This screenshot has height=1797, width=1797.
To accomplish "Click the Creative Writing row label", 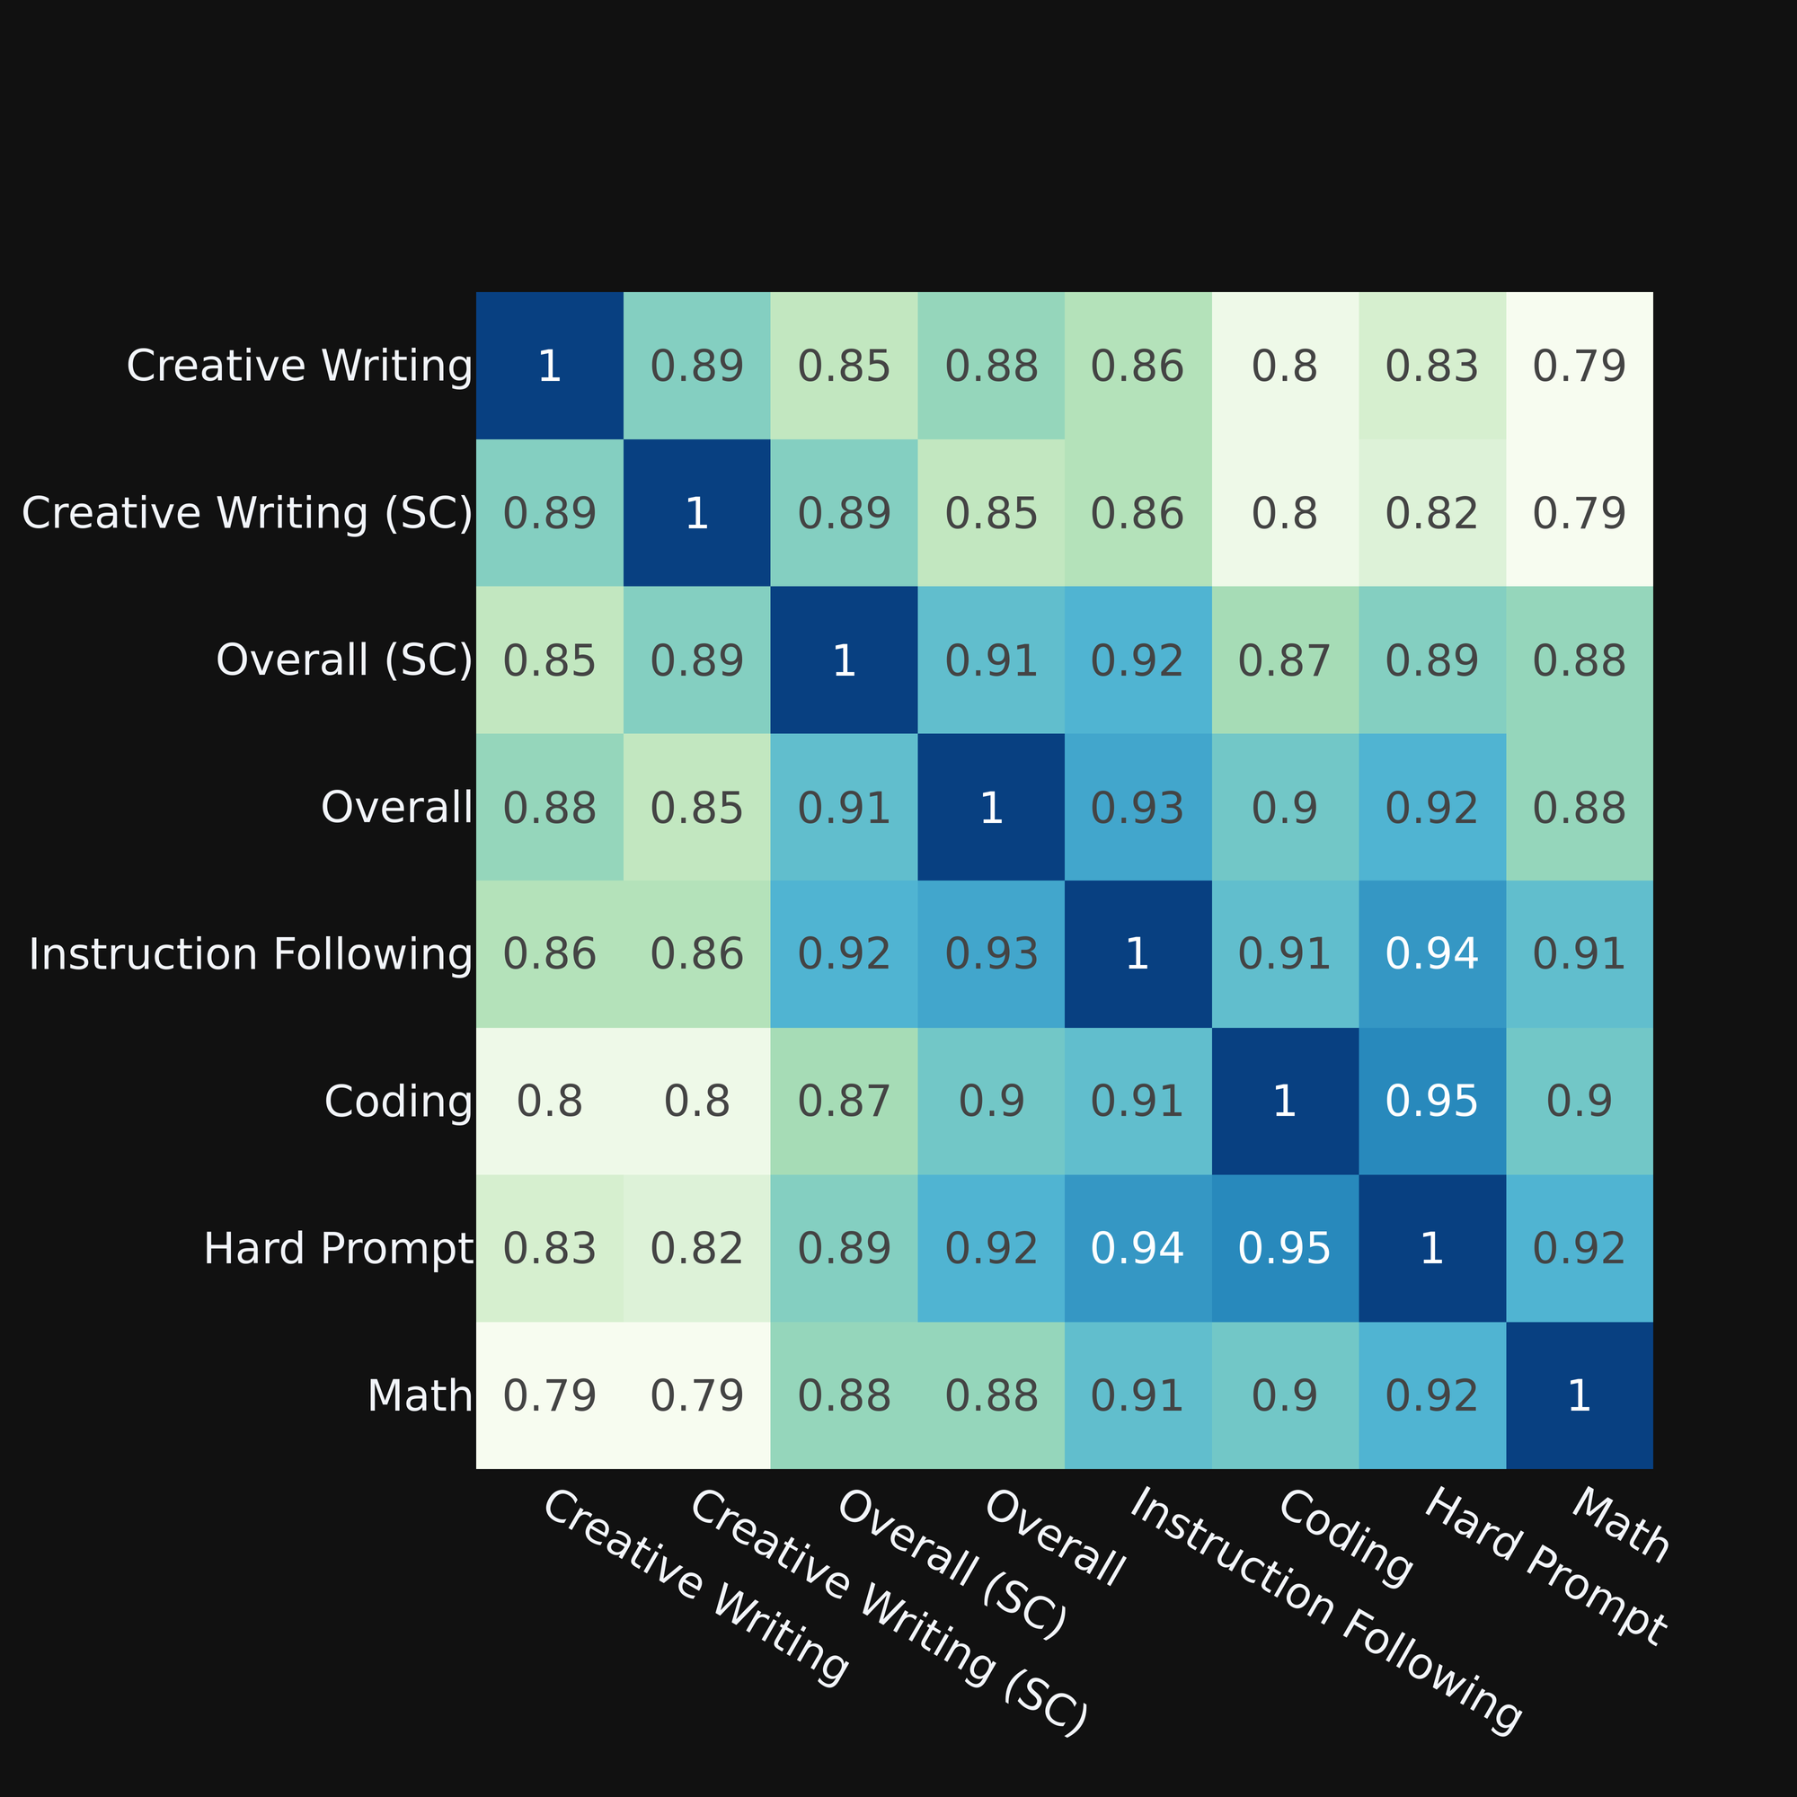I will pos(299,366).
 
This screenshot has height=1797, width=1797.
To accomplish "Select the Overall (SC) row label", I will pos(344,660).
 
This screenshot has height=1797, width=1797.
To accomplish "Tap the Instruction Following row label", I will pos(252,954).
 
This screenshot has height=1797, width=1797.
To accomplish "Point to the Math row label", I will pos(420,1396).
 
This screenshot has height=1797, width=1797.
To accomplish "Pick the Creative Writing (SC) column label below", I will pos(889,1613).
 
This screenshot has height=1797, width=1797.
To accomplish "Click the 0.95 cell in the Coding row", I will pos(1431,1102).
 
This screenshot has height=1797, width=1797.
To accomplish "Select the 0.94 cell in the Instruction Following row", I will pos(1431,954).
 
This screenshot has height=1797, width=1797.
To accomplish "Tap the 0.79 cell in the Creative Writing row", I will pos(1580,366).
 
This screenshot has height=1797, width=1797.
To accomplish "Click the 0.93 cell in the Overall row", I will pos(1138,808).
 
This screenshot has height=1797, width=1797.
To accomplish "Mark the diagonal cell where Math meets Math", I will pos(1580,1396).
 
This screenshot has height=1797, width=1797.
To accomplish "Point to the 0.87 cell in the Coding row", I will pos(844,1102).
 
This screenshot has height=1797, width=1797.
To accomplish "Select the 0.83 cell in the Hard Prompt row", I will pos(550,1248).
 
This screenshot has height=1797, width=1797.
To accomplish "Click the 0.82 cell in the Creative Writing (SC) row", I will pos(1431,513).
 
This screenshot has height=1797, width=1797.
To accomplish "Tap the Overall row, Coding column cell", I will pos(1285,808).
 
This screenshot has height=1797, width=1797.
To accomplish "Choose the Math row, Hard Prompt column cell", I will pos(1431,1396).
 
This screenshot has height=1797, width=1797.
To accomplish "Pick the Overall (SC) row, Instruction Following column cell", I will pos(1138,660).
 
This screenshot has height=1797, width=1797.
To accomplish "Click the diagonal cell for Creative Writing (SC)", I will pos(696,513).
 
